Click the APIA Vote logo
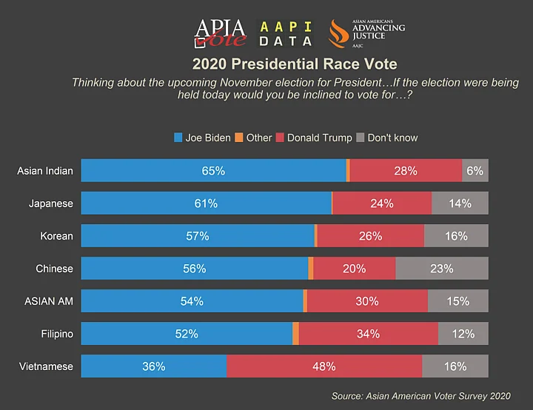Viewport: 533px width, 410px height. pos(220,32)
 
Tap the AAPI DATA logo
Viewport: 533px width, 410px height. pos(285,33)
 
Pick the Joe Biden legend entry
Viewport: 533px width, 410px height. pos(203,138)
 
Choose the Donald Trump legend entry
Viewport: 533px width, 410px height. pos(314,138)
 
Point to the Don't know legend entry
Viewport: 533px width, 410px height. pos(387,138)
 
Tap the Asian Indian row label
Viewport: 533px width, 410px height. pos(45,171)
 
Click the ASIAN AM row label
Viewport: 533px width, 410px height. pos(48,301)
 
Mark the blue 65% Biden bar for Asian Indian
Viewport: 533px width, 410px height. pos(213,171)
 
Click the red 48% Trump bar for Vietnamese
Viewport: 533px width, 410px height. pos(324,366)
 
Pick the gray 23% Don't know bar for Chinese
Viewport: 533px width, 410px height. pos(441,269)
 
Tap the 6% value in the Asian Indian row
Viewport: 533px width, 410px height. pos(475,171)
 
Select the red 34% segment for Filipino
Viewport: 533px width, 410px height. pos(368,334)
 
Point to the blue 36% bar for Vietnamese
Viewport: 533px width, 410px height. pos(154,366)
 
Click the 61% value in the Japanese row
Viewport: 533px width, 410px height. pos(206,204)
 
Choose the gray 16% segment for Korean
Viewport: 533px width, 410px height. pos(456,236)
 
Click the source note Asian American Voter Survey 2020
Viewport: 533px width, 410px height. pos(420,397)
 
